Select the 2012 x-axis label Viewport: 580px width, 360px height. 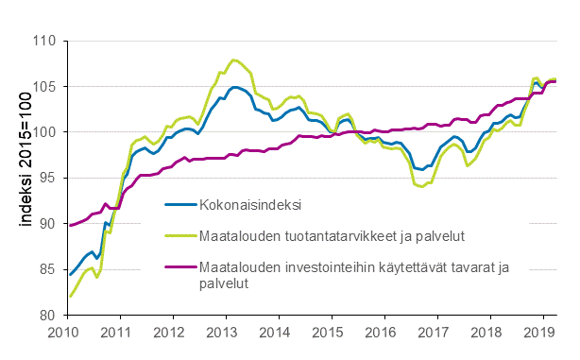169,333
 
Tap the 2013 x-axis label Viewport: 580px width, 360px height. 222,333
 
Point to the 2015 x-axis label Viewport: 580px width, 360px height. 328,333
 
